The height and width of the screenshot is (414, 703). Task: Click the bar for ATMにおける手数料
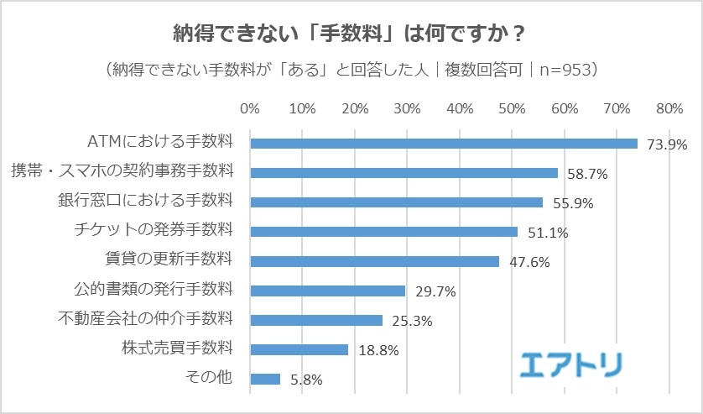[x=444, y=144]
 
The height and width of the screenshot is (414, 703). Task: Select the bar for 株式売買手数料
[x=299, y=349]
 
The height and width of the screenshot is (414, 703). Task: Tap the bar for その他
[x=265, y=379]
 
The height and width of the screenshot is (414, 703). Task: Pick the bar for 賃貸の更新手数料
[x=375, y=261]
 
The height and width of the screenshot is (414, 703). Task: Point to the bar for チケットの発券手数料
[x=384, y=232]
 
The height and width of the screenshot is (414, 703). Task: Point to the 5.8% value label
[x=305, y=380]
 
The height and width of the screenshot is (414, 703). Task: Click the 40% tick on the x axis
[x=460, y=110]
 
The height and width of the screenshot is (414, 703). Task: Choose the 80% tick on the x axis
[x=669, y=110]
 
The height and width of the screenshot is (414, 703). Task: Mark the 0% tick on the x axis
[x=250, y=110]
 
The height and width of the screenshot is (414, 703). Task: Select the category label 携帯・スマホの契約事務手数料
[x=122, y=172]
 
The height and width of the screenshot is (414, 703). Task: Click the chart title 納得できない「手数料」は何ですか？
[x=350, y=34]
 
